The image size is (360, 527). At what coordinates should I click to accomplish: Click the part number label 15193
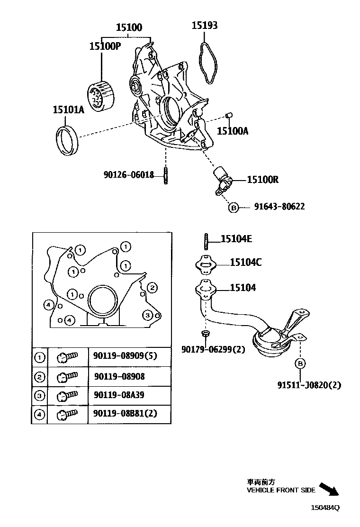204,26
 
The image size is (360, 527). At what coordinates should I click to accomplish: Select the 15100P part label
106,46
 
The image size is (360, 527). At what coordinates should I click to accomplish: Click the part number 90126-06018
128,175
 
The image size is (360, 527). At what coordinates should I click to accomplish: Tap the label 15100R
262,180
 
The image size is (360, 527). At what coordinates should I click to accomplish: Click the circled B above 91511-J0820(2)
299,363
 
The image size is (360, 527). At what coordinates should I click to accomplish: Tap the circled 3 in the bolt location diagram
147,315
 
